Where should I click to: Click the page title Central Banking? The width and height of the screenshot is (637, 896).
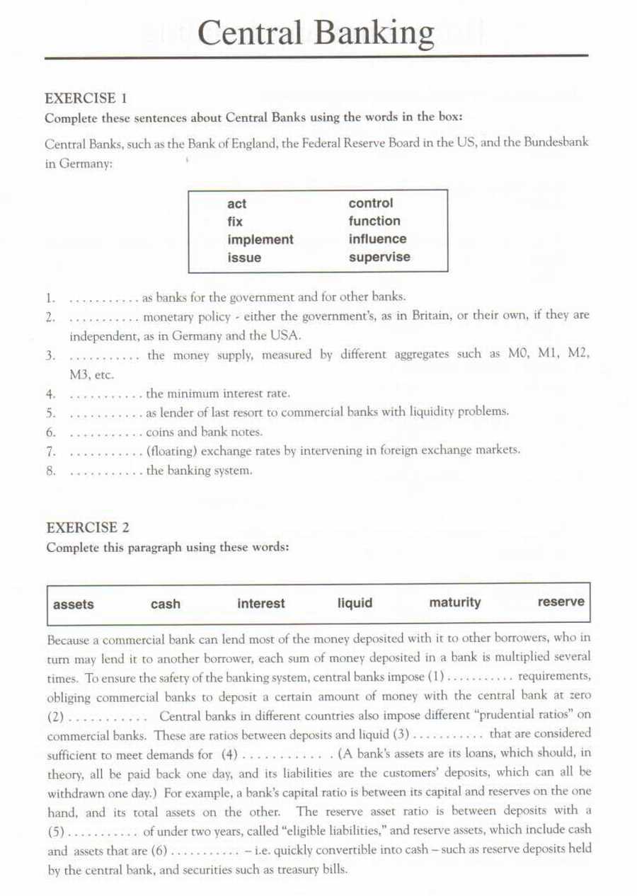click(x=316, y=33)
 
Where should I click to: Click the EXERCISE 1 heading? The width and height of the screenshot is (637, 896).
click(x=85, y=98)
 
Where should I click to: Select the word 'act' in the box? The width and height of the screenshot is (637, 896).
click(x=237, y=204)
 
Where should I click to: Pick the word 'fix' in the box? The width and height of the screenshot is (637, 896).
click(x=235, y=222)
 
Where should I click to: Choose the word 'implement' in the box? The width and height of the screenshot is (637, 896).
click(x=260, y=240)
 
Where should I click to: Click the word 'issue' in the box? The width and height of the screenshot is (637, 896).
click(x=244, y=258)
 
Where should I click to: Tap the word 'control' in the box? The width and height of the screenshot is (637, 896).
click(x=370, y=203)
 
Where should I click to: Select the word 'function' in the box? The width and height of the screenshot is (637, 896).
click(x=374, y=221)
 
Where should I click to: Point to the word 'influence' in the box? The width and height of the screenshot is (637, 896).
click(x=377, y=239)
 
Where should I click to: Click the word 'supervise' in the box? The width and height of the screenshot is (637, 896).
click(x=379, y=257)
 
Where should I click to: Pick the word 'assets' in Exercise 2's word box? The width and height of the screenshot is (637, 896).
click(x=73, y=604)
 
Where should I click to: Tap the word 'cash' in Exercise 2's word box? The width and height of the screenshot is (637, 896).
click(x=166, y=604)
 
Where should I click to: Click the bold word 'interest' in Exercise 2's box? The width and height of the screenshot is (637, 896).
click(x=261, y=604)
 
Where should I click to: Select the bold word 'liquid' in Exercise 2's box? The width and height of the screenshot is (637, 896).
click(x=355, y=603)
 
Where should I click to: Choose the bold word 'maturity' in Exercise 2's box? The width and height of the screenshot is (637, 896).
click(x=454, y=602)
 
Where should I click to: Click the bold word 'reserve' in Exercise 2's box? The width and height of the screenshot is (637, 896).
click(x=561, y=602)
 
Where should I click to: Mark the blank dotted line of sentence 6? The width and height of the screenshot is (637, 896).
click(x=106, y=432)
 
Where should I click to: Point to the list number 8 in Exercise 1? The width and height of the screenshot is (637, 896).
click(x=50, y=470)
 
